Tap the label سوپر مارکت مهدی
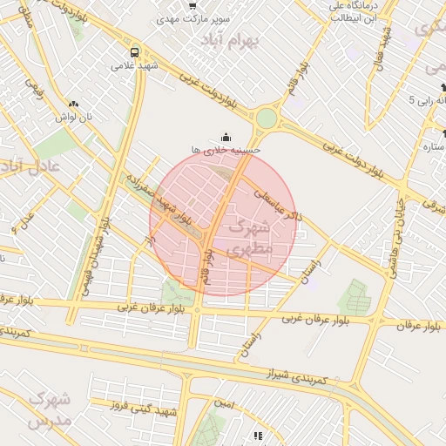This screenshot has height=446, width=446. pyautogui.click(x=193, y=18)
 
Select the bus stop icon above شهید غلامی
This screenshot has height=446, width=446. pyautogui.click(x=134, y=51)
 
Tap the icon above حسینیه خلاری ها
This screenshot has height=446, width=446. pyautogui.click(x=226, y=136)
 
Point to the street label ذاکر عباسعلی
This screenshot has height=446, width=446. pyautogui.click(x=277, y=201)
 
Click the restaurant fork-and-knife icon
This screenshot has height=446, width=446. pyautogui.click(x=258, y=436)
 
